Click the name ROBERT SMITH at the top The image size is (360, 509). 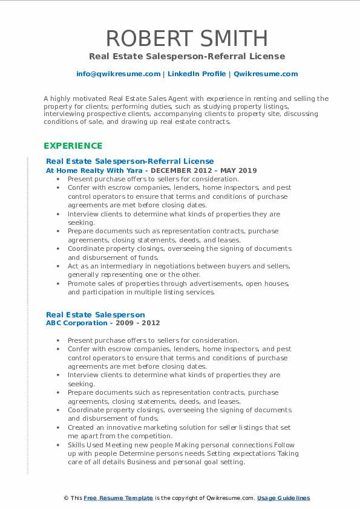(x=186, y=39)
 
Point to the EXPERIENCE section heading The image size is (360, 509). (x=73, y=146)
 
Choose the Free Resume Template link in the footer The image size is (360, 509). (x=118, y=498)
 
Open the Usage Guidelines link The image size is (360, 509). (x=283, y=498)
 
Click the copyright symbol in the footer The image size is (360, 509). (x=65, y=498)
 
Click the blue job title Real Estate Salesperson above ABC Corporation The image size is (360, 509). (x=96, y=314)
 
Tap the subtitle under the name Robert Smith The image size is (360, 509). (x=186, y=56)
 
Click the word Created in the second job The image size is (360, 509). (x=81, y=427)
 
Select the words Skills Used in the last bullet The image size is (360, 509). (x=87, y=445)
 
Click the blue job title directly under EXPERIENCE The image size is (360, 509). (x=129, y=161)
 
